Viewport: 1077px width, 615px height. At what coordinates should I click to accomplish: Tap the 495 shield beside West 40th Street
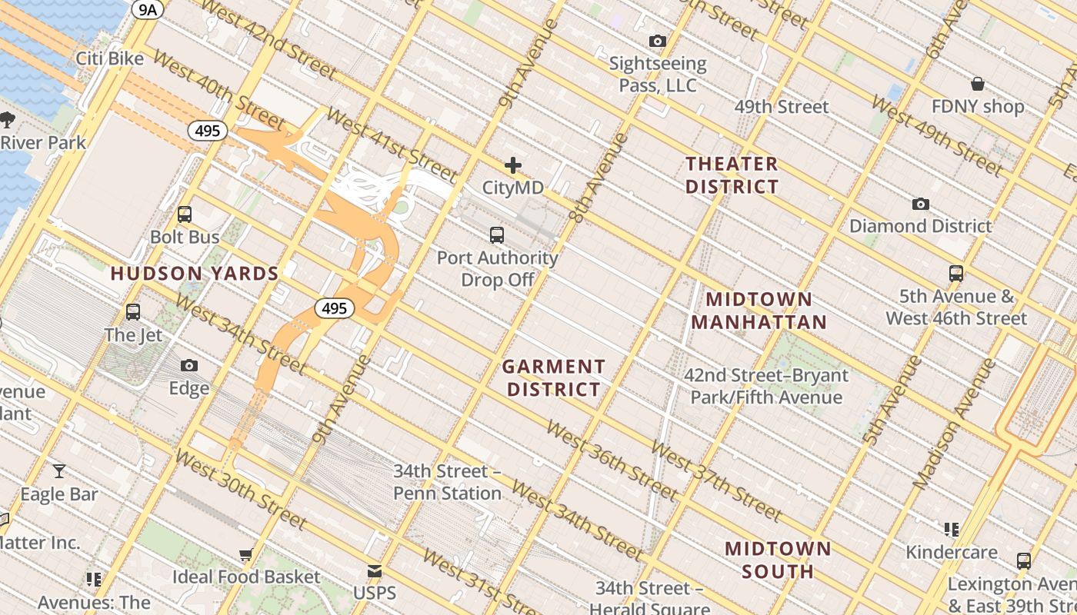(208, 131)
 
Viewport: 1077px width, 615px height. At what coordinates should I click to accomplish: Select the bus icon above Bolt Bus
(185, 214)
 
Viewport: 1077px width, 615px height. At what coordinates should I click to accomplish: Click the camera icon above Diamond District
(920, 204)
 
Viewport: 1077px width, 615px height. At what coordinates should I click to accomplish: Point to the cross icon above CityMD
(513, 165)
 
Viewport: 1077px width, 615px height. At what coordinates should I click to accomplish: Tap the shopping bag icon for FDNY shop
(977, 83)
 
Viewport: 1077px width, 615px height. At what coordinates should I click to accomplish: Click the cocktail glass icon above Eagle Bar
(59, 471)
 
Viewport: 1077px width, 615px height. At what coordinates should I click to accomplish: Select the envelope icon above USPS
(375, 571)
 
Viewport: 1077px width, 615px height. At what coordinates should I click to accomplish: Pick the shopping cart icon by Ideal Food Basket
(245, 554)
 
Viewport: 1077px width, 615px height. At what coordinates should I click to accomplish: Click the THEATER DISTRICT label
(732, 175)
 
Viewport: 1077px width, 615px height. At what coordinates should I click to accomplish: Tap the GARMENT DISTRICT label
(554, 378)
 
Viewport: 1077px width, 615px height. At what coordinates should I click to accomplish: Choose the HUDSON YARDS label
(195, 274)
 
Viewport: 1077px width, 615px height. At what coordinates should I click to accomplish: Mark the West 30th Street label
(241, 490)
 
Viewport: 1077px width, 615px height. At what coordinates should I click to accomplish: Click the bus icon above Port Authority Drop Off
(497, 235)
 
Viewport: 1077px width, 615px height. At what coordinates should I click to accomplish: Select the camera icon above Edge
(189, 366)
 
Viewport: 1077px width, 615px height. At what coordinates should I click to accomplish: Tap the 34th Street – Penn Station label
(447, 482)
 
